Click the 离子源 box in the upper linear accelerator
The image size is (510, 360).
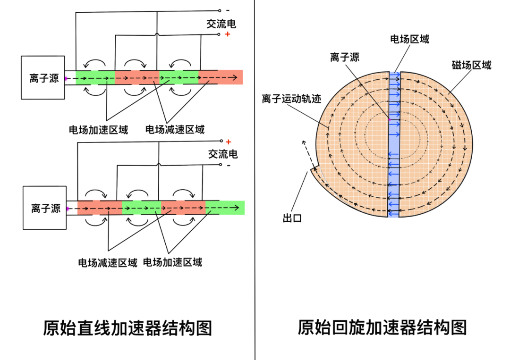43,78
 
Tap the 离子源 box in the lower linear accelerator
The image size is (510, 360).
45,208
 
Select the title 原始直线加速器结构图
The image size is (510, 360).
127,327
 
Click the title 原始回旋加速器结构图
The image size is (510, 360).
382,327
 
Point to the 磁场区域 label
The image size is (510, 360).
471,65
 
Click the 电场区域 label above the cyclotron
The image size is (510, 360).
409,39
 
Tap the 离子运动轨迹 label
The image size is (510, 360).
291,99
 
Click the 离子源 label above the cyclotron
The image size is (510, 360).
345,57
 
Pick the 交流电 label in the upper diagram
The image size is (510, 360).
221,24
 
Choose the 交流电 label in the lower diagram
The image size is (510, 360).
223,154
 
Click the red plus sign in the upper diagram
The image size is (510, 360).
228,34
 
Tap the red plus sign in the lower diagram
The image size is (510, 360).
229,142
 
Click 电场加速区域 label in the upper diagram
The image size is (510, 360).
98,129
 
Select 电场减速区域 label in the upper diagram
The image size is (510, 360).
175,129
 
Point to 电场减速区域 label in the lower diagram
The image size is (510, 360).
108,263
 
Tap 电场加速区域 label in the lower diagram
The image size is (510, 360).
172,262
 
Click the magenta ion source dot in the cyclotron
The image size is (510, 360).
389,120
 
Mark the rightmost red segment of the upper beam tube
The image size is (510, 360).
221,77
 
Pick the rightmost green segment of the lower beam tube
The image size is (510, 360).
225,208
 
